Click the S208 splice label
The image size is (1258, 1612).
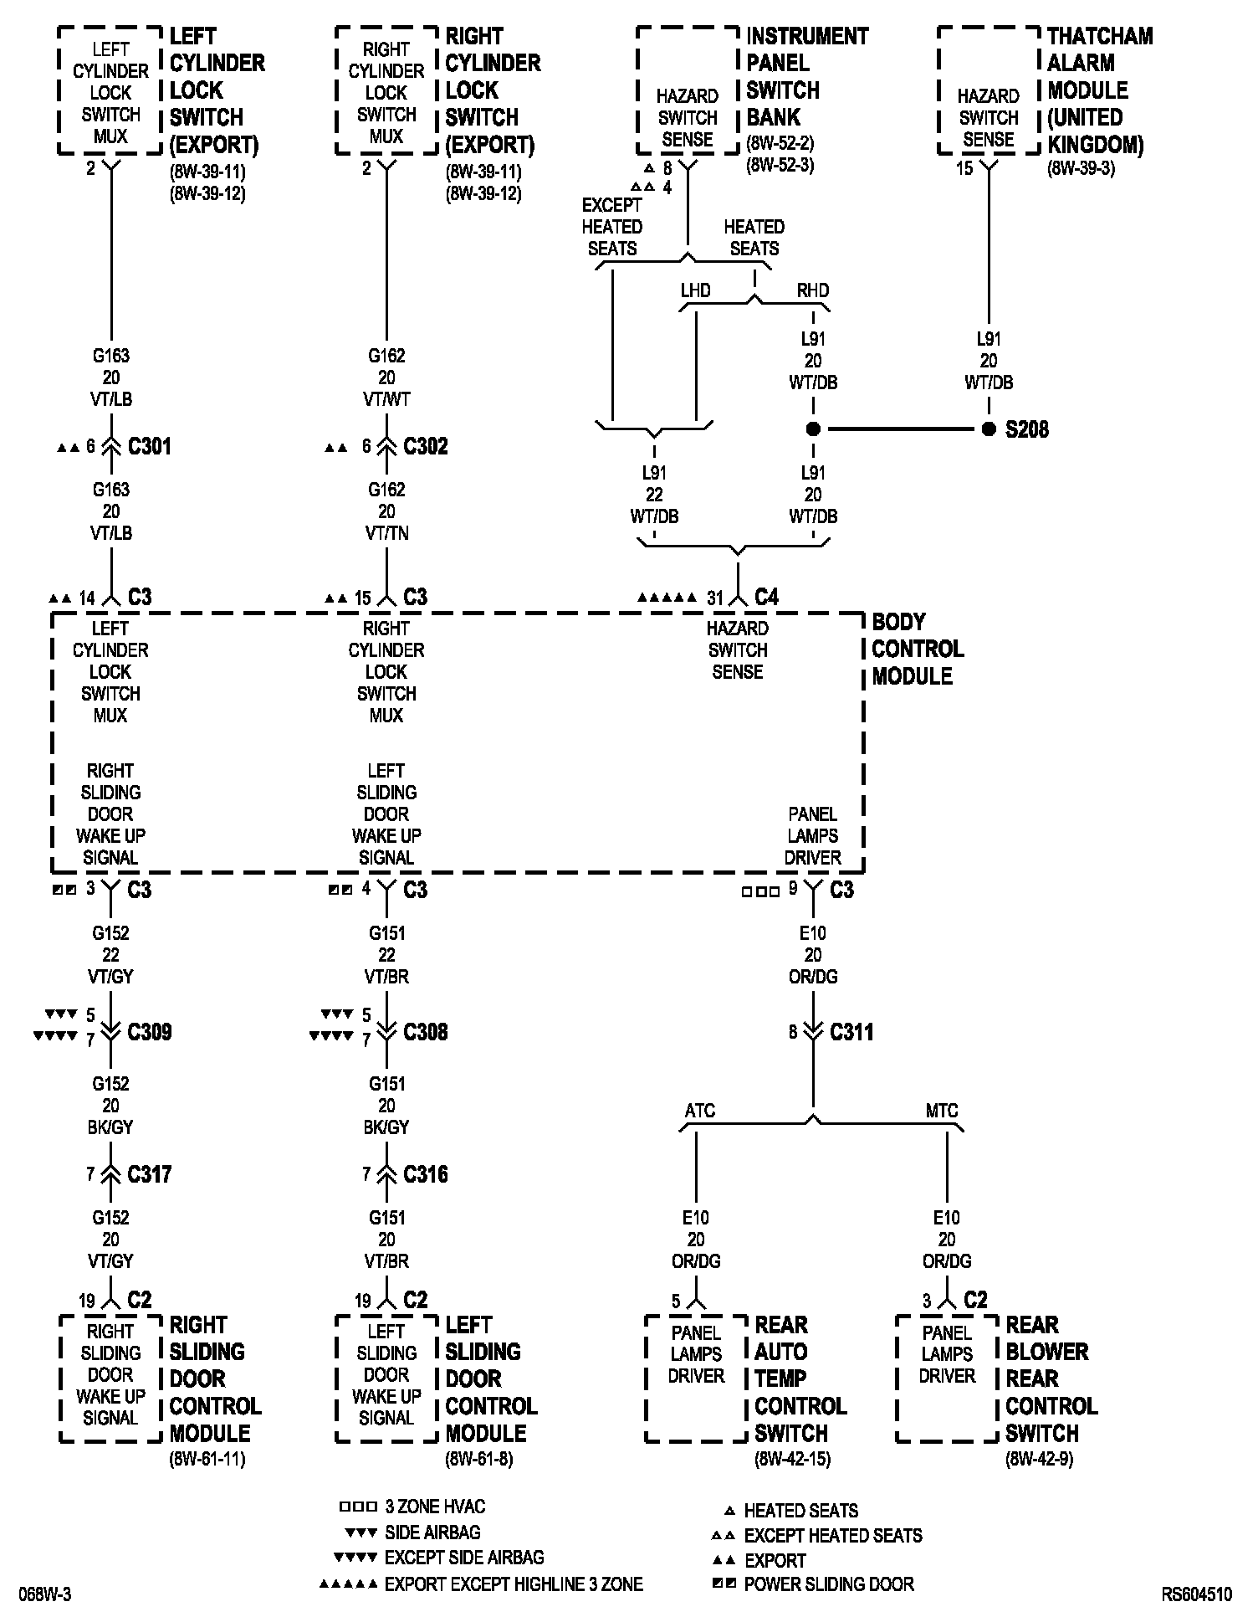(x=1026, y=430)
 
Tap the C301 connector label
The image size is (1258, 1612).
(x=150, y=447)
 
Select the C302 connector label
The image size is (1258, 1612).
(x=426, y=447)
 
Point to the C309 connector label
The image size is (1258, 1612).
(x=150, y=1033)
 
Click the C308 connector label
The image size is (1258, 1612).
(x=426, y=1033)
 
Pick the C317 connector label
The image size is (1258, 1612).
(x=150, y=1175)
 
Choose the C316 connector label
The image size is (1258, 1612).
(x=426, y=1175)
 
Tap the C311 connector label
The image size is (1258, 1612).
(x=851, y=1033)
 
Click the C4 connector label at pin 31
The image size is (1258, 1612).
(x=766, y=598)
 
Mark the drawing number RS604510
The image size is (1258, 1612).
(x=1196, y=1595)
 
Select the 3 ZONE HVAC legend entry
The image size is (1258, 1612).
(x=435, y=1507)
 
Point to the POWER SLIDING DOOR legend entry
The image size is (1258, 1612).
(x=828, y=1584)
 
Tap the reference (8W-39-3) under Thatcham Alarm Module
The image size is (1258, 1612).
(x=1081, y=168)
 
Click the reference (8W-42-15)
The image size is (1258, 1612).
(x=792, y=1460)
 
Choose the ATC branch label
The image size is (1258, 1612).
(x=700, y=1111)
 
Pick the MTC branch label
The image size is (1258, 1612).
(x=942, y=1111)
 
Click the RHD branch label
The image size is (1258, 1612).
(x=812, y=291)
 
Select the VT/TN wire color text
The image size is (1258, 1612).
(x=386, y=534)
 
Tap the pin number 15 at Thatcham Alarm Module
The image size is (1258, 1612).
(x=964, y=169)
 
